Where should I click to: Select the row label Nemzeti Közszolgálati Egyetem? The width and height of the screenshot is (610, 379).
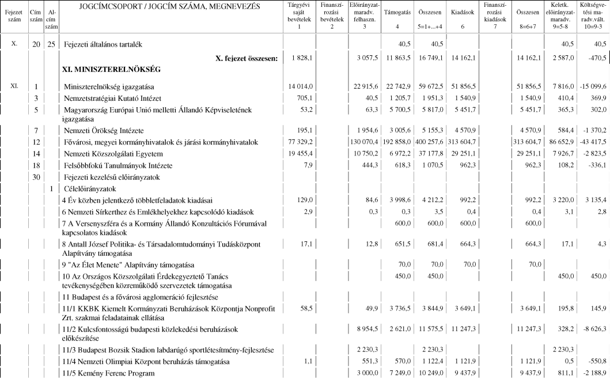coord(112,154)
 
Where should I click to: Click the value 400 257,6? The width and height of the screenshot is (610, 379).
coord(430,142)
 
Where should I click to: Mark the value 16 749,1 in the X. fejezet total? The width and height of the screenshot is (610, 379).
coord(430,58)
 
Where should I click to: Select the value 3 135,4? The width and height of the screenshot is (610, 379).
coord(594,200)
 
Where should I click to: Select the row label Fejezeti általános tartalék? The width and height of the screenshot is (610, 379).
coord(104,44)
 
